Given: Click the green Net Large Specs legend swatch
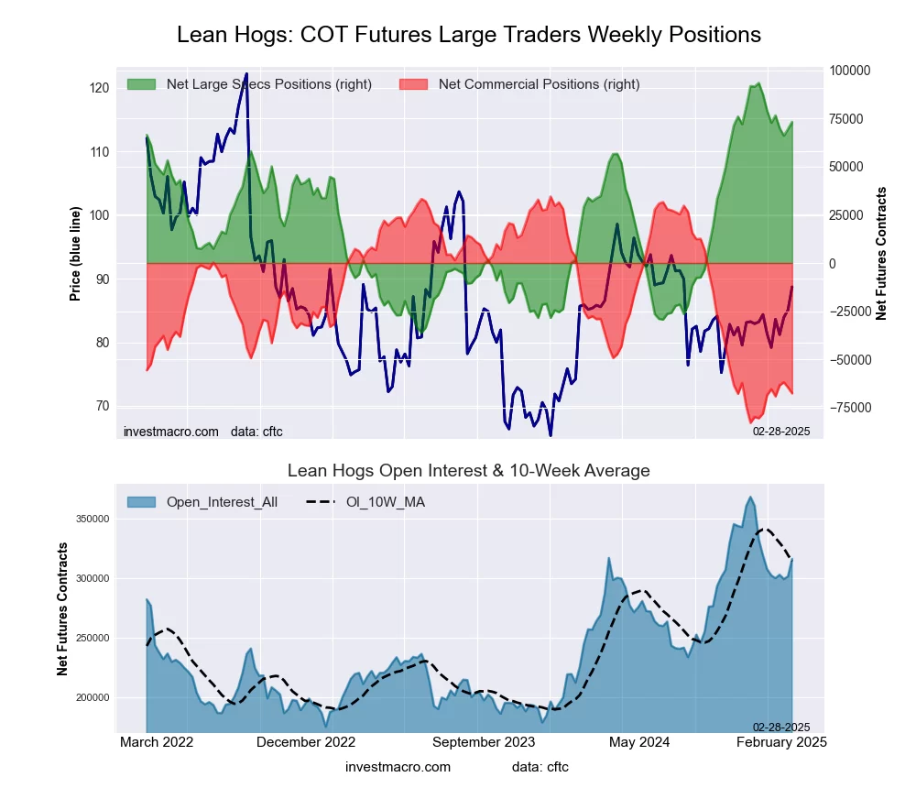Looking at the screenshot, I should click(x=142, y=84).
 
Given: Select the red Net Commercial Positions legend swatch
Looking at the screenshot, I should click(x=414, y=84).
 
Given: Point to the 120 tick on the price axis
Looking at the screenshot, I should click(x=99, y=87).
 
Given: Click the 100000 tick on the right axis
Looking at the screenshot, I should click(x=850, y=71).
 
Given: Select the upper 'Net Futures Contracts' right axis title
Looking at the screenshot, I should click(x=882, y=253).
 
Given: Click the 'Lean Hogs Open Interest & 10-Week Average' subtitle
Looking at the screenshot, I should click(x=468, y=471).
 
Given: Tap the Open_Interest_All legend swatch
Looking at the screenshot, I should click(x=142, y=502).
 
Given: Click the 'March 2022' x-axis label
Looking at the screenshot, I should click(x=157, y=742).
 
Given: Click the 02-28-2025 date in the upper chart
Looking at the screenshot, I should click(x=781, y=431).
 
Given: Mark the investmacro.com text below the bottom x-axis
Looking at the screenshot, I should click(x=398, y=766).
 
